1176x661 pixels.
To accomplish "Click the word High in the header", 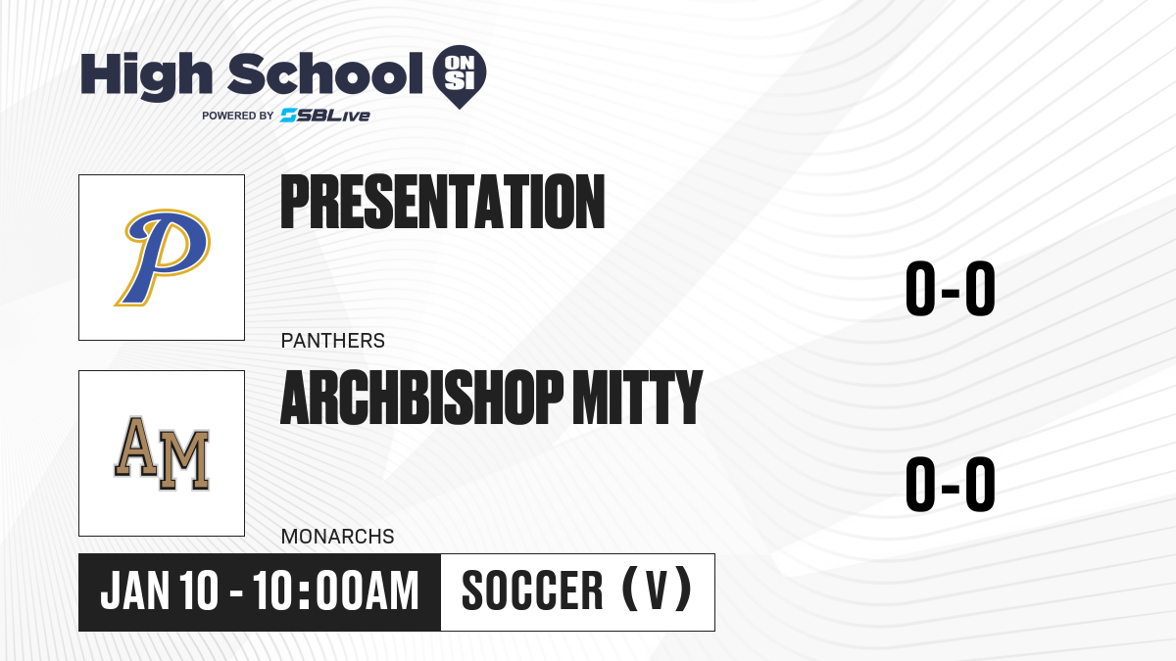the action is pos(146,75).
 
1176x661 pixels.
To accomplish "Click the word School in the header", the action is pos(325,73).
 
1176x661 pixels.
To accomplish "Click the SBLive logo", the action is pos(324,116).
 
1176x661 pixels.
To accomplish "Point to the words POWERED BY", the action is pos(238,116).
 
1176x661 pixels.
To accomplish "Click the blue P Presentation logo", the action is pos(163,257).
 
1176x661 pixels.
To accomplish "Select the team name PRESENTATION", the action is pos(443,202).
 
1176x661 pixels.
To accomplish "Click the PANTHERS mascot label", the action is pos(333,341).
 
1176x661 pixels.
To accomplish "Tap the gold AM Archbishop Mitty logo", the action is pos(163,453).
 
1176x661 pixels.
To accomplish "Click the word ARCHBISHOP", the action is pos(421,398).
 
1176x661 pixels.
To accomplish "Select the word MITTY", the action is pos(637,398).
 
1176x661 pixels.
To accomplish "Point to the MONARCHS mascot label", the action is pos(337,537).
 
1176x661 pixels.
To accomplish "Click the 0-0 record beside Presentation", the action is pos(951,289).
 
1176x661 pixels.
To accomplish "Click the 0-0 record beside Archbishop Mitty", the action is pos(951,484).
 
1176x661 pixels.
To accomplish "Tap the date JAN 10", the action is pos(159,590).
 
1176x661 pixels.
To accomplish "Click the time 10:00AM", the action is pos(335,590).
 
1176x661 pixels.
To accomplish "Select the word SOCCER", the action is pos(532,590).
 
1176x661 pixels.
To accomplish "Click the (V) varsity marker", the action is pos(657,590).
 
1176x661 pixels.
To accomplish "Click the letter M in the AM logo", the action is pos(184,461).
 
